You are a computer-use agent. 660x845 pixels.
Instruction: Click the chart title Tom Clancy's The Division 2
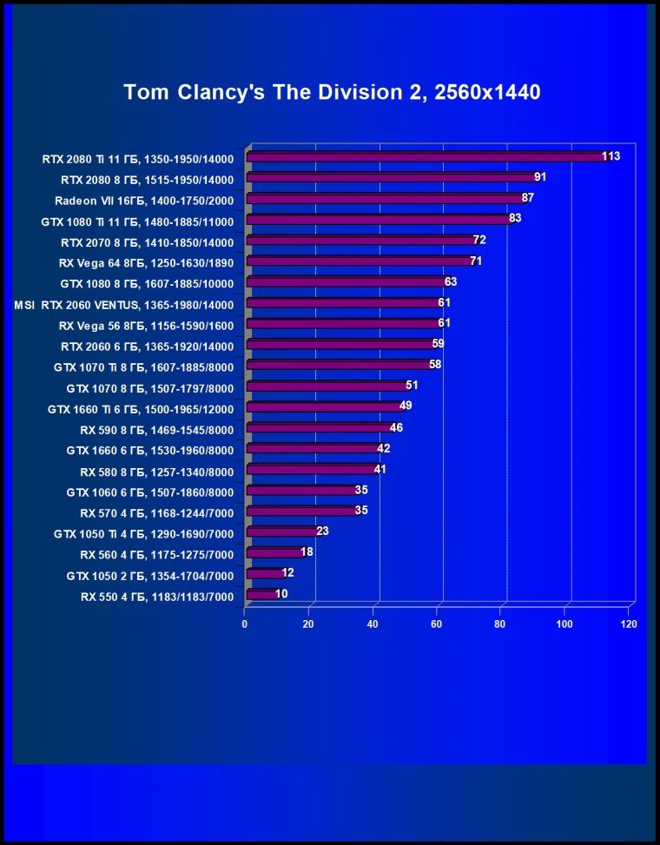click(x=332, y=92)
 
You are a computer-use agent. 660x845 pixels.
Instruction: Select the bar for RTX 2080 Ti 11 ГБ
click(x=426, y=157)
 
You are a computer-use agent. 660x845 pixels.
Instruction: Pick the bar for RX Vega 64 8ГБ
click(x=359, y=261)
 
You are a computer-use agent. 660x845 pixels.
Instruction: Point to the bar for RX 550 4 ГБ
click(x=261, y=595)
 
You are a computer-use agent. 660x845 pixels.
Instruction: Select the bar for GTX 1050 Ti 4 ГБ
click(x=281, y=531)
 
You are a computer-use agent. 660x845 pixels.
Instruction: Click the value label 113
click(x=610, y=156)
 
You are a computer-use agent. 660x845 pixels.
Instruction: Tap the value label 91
click(x=540, y=177)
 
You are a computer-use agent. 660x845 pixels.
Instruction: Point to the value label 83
click(x=515, y=218)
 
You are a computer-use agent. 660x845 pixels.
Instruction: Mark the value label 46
click(x=396, y=427)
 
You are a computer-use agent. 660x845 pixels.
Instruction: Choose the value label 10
click(x=281, y=594)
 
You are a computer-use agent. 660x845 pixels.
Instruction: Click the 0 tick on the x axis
click(x=245, y=624)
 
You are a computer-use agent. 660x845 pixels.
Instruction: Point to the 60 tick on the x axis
click(x=437, y=624)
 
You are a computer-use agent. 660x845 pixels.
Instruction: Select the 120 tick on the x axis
click(x=629, y=624)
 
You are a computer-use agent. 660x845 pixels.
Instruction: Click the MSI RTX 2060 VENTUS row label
click(x=124, y=305)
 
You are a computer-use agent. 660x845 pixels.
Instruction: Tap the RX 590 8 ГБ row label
click(x=157, y=429)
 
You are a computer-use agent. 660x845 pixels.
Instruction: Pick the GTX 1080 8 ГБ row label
click(x=147, y=283)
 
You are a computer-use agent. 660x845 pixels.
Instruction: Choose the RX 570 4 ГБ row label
click(x=157, y=512)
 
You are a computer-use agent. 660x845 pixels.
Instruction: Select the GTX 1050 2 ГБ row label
click(x=150, y=575)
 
